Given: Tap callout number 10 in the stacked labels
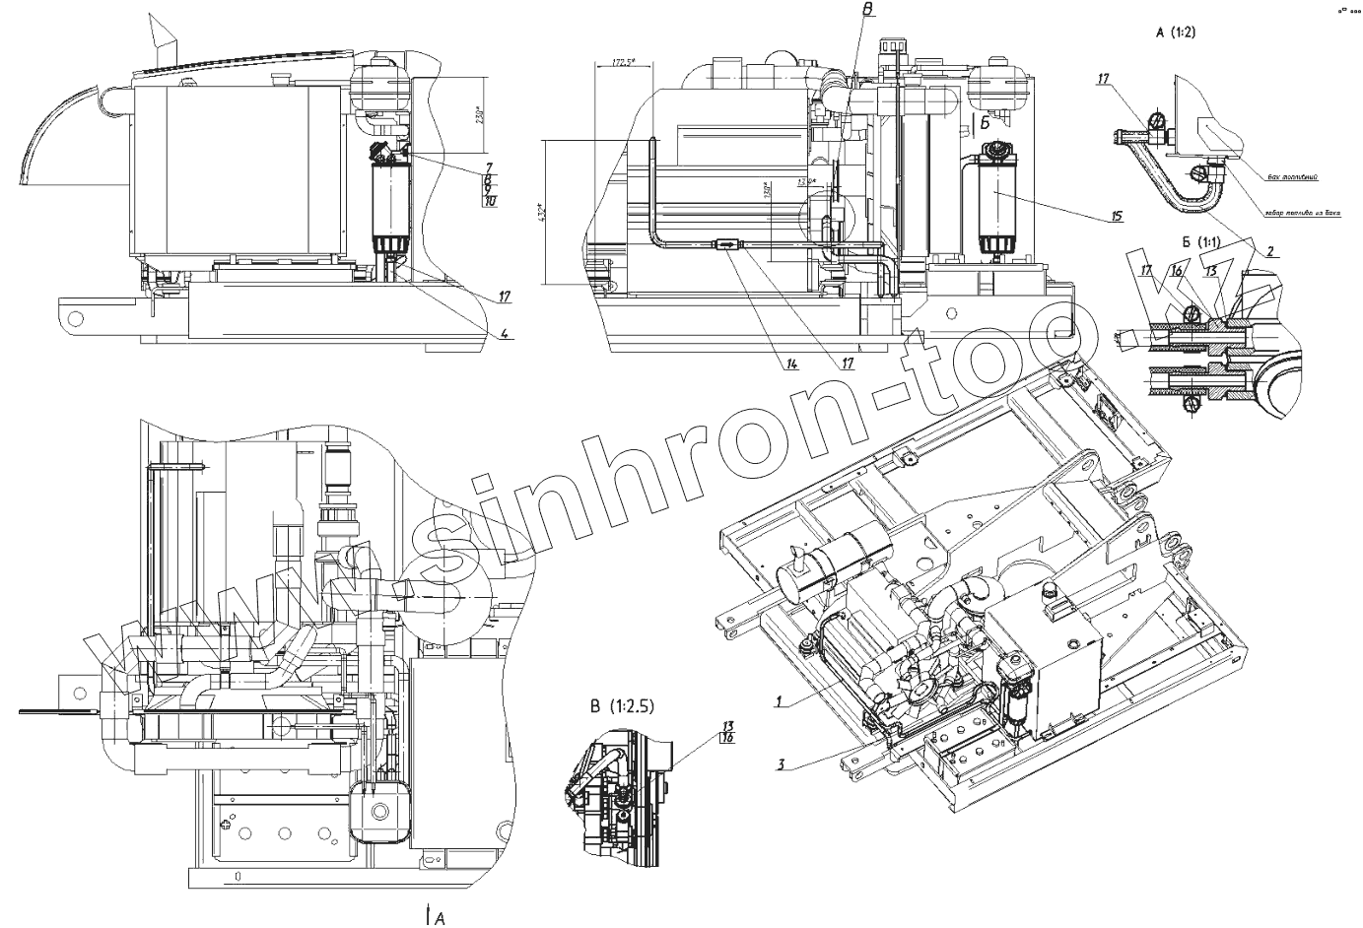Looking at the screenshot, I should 490,201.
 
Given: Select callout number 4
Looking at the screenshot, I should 504,334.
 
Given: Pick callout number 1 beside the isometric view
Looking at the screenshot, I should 779,702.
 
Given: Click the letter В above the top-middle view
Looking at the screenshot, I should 867,10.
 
